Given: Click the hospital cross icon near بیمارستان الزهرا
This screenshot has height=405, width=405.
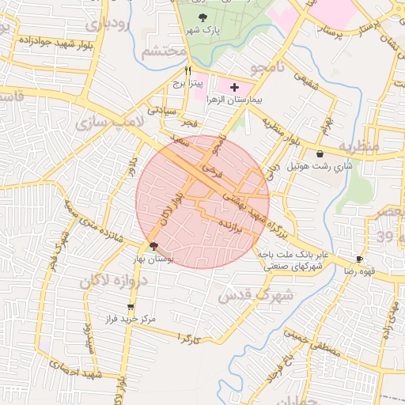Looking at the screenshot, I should coord(234,85).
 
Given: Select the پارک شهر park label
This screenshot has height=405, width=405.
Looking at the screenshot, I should coord(202,30).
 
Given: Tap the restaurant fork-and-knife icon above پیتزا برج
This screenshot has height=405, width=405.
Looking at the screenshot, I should coord(187,70).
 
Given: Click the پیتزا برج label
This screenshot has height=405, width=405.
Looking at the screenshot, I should coord(190,82).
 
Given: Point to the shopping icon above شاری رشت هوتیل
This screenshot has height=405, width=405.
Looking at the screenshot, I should coord(320,154).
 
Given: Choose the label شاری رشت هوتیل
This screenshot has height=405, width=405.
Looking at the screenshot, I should coord(320,167).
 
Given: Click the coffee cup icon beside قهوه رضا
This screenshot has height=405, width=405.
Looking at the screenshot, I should coord(360,259).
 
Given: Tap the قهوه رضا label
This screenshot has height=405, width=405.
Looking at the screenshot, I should coord(359,271).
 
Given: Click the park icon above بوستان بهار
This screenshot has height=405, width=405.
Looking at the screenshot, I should coord(153,246).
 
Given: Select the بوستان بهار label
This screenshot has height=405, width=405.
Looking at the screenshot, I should coord(153,259).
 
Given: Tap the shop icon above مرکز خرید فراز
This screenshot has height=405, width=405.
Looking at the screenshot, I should coord(130,307).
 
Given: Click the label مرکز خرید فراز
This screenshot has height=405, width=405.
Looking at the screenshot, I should coord(129,320).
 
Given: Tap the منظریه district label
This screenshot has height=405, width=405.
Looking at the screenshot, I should coord(359,148).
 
